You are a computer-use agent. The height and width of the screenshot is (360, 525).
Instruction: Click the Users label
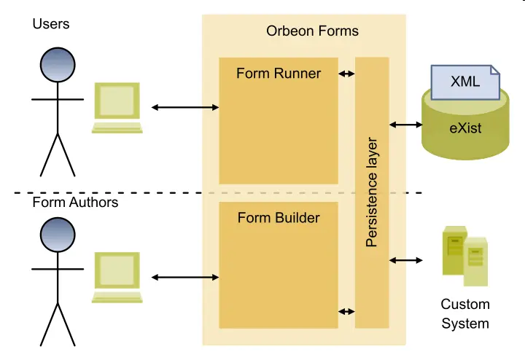[51, 24]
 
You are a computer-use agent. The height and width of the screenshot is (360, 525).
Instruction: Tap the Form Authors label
[75, 202]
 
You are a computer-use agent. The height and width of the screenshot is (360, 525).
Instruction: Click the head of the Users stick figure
[58, 66]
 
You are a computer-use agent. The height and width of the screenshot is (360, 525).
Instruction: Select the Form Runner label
[279, 74]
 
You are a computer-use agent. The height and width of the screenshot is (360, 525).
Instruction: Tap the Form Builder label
[279, 218]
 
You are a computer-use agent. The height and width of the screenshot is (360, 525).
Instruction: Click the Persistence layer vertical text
[372, 192]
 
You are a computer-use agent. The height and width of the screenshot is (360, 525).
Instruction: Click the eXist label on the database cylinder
[465, 129]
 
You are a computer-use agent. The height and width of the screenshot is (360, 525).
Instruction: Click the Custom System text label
[465, 313]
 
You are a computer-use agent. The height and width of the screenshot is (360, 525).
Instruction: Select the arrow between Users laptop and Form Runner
[185, 108]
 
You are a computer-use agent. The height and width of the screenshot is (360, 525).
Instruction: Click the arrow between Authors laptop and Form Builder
[185, 277]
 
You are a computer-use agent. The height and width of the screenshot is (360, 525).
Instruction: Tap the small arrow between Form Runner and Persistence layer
[347, 74]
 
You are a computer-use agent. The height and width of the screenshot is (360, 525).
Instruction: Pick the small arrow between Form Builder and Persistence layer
[347, 312]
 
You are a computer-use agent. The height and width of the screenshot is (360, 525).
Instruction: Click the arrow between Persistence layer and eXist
[406, 125]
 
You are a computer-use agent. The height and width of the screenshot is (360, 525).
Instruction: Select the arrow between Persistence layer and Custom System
[406, 260]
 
